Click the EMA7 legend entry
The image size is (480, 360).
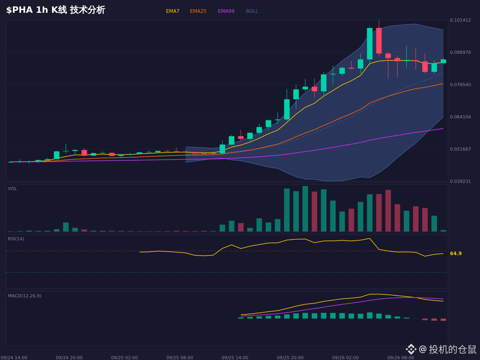[172, 11]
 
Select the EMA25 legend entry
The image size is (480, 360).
[198, 11]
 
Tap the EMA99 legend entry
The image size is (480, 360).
[226, 11]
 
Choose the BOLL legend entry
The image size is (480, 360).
[252, 11]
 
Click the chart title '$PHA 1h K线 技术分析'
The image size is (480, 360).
[56, 10]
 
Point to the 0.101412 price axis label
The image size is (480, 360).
[460, 20]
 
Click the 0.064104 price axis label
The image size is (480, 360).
[460, 117]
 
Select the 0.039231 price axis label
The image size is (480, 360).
[460, 182]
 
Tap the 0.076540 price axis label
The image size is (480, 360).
[460, 84]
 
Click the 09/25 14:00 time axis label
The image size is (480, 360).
[235, 358]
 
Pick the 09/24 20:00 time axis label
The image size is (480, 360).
[69, 358]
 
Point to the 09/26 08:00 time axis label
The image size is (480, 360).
[401, 358]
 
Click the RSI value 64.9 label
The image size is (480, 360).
[456, 254]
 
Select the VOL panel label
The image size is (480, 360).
[12, 189]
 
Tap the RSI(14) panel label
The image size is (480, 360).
[16, 239]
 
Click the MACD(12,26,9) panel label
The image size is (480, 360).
[24, 296]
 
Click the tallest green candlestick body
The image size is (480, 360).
[370, 44]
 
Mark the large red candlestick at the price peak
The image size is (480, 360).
[379, 41]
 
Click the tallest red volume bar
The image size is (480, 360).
[388, 211]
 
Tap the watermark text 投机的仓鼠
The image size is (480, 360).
[452, 349]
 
